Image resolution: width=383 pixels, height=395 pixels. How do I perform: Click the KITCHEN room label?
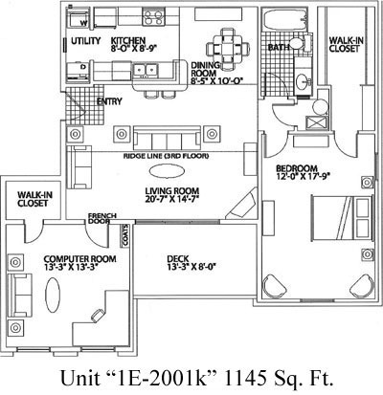click(128, 41)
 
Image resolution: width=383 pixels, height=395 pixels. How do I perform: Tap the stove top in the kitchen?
click(153, 17)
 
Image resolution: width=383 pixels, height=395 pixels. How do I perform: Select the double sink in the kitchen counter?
click(146, 70)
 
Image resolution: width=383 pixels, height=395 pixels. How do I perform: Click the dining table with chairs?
click(228, 49)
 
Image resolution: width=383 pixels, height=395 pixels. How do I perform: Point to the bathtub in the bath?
click(284, 19)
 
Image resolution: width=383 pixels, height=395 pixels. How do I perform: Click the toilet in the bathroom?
click(300, 43)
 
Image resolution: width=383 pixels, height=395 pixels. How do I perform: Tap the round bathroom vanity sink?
click(303, 82)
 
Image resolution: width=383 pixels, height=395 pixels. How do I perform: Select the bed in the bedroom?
click(342, 218)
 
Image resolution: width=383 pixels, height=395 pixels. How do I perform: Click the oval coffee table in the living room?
click(167, 171)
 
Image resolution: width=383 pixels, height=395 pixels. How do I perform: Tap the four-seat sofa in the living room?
click(168, 138)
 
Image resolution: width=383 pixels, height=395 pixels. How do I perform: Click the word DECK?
click(178, 258)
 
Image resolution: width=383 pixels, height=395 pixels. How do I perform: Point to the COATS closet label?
click(125, 235)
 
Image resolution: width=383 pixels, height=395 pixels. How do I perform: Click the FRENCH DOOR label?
click(102, 218)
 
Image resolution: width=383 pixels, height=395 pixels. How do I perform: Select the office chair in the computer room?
click(98, 315)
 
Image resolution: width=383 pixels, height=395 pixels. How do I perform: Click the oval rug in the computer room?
click(53, 295)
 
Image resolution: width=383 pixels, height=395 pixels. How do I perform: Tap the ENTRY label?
click(109, 101)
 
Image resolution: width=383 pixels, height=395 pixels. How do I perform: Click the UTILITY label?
click(85, 41)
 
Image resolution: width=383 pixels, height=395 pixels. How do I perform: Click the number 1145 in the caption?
click(245, 379)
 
